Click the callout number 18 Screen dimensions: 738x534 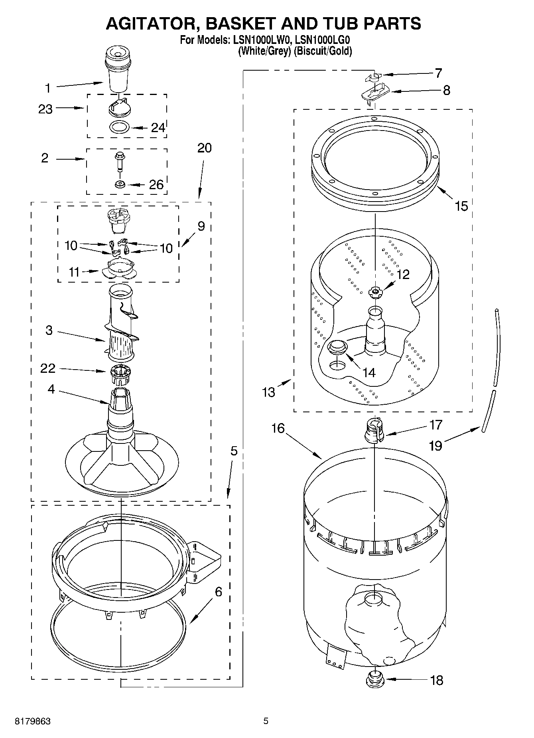437,680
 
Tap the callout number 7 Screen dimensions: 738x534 438,73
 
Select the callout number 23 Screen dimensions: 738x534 45,109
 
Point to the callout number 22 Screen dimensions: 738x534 47,368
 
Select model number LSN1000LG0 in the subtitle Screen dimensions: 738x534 322,40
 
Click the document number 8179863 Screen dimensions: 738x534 33,721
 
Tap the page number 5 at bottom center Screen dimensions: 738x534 266,721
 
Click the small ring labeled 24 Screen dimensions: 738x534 119,127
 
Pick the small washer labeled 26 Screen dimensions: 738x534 119,184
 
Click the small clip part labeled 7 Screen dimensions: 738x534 374,75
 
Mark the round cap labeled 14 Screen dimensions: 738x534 337,346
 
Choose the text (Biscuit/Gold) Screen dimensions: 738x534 323,51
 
